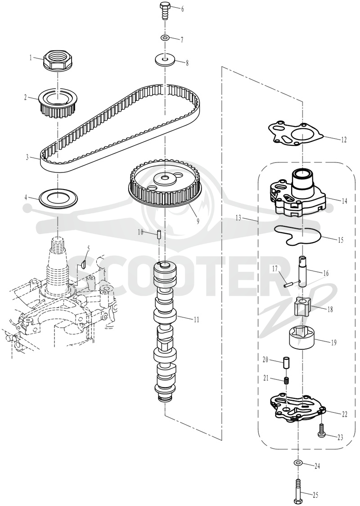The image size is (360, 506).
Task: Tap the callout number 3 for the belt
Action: click(28, 158)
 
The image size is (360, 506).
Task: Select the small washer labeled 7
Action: click(165, 39)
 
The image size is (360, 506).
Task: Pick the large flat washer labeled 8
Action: click(165, 59)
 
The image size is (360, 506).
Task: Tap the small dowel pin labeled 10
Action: click(159, 234)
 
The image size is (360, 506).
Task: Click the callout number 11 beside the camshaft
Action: click(196, 320)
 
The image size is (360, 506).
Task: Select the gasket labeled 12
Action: click(297, 133)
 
